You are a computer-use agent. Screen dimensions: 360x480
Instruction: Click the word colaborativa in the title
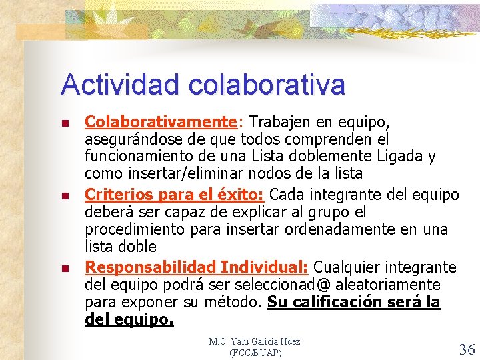(267, 85)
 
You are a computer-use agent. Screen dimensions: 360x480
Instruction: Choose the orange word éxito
(239, 195)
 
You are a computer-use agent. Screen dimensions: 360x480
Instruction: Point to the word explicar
(247, 213)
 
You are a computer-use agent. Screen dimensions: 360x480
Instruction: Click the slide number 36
(467, 349)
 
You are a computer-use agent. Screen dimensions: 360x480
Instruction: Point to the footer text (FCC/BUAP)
(255, 352)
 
